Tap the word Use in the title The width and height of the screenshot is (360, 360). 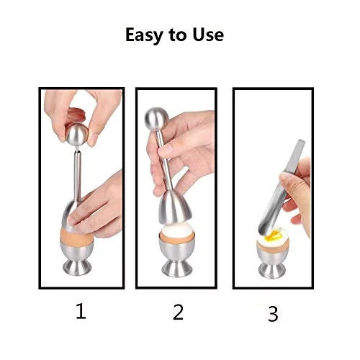pos(208,35)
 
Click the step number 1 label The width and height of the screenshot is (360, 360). pos(81,311)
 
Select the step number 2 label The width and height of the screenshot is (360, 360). pos(178,312)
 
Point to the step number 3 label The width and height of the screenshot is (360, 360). pos(273,314)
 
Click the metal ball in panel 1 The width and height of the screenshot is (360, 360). pos(77,135)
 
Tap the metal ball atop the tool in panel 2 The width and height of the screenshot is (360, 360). pos(156,120)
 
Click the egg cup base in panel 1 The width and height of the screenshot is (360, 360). pos(77,268)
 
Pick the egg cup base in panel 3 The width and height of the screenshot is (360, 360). pos(272,271)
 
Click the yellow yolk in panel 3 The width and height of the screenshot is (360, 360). pos(271,236)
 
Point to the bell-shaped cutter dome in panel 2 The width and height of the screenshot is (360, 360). pos(175,207)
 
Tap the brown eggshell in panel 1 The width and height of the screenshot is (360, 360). pos(77,236)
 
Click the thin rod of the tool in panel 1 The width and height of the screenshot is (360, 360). pos(77,175)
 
